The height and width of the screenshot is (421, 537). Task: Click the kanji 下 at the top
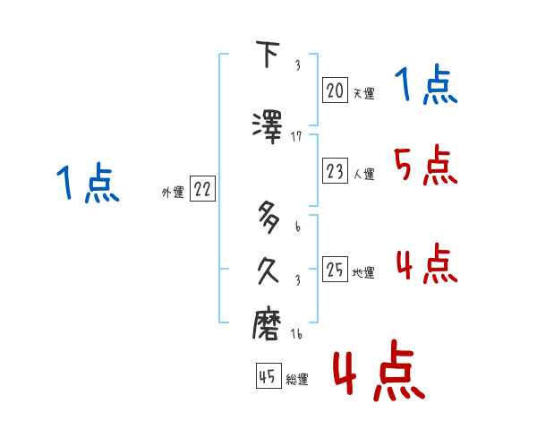[268, 56]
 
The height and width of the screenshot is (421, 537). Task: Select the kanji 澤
[268, 124]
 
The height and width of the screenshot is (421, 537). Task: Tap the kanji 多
[268, 219]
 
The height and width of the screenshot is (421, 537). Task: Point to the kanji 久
[268, 271]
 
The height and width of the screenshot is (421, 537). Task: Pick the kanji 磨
[268, 323]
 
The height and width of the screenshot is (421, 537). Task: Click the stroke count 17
[297, 136]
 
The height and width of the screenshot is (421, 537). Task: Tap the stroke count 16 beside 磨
[297, 333]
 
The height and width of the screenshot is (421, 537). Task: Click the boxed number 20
[335, 90]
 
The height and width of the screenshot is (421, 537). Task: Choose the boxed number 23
[335, 171]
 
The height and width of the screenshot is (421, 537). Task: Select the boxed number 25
[335, 271]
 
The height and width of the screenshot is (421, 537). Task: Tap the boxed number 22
[202, 189]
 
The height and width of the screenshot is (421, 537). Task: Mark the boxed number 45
[268, 377]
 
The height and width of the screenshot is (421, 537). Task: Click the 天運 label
[362, 93]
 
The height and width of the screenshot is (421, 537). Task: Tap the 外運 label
[172, 192]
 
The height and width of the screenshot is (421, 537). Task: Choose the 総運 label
[297, 380]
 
